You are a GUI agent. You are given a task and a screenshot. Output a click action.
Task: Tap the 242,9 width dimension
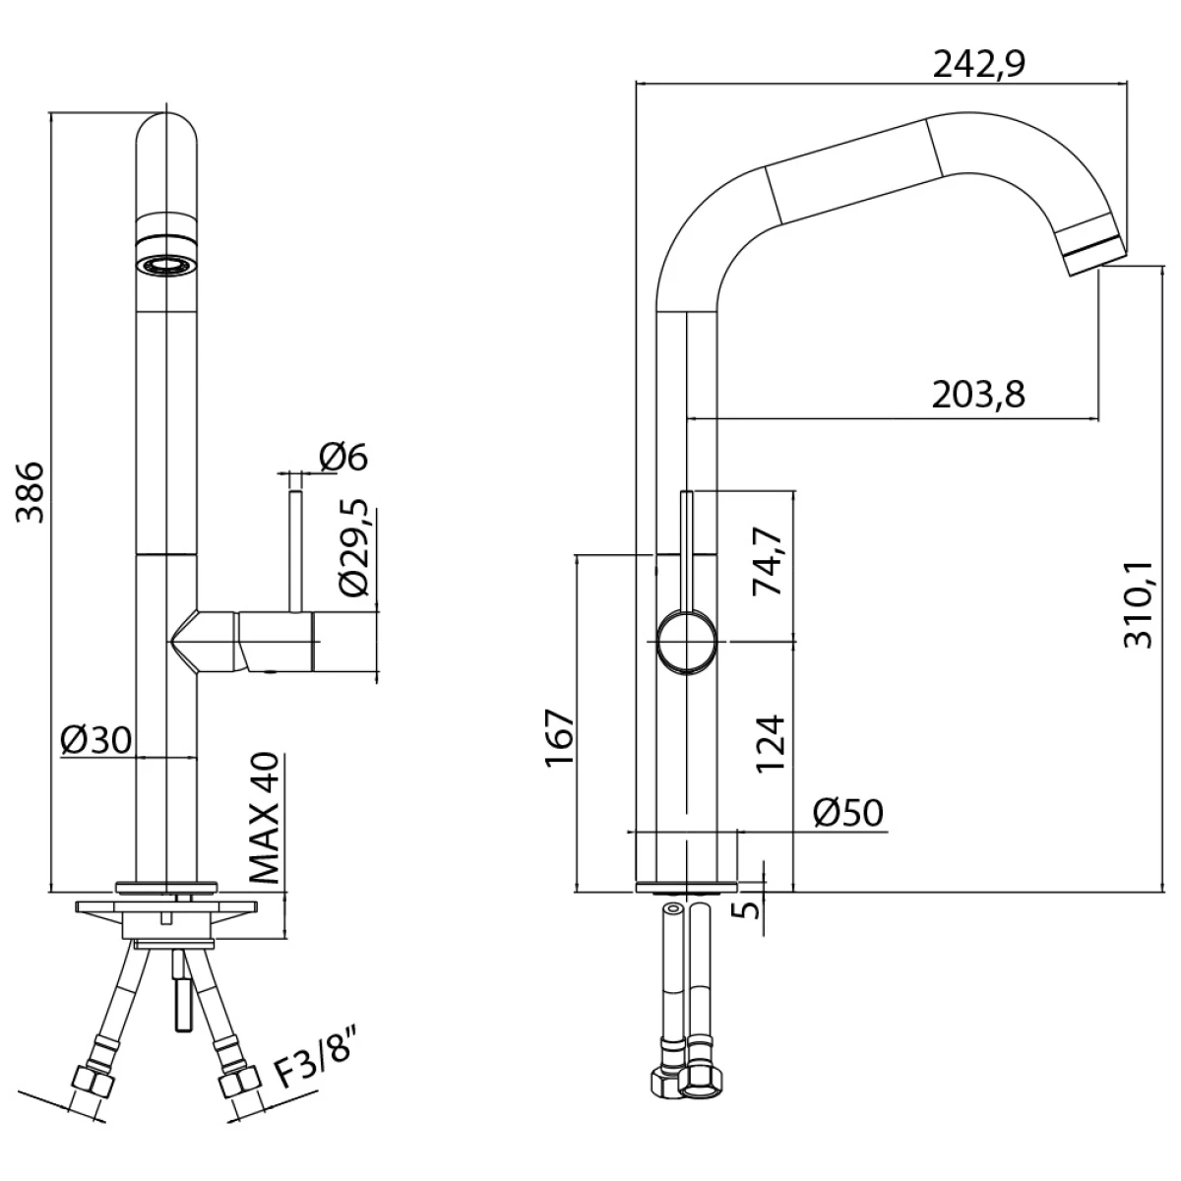(979, 65)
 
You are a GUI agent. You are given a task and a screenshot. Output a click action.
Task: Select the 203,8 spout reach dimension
(978, 395)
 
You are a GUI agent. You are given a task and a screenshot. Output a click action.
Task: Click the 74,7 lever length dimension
(768, 562)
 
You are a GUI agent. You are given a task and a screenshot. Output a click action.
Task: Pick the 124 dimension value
(772, 742)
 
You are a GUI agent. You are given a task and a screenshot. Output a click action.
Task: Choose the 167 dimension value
(558, 738)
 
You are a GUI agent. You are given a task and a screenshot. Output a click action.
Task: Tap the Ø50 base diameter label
(848, 813)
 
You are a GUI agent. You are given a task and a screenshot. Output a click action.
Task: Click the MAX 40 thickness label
(264, 816)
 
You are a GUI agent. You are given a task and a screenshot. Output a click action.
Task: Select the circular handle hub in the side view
(686, 641)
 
